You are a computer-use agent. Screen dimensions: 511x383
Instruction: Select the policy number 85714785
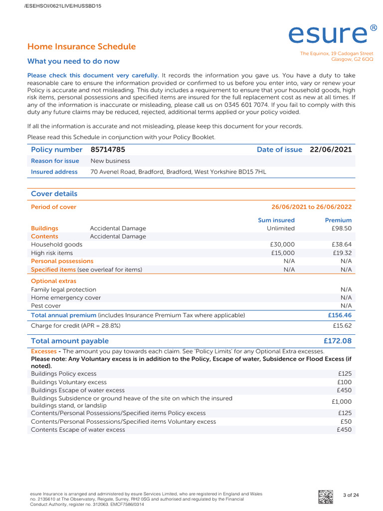(x=108, y=150)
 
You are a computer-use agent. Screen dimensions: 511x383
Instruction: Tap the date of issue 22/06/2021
(x=331, y=150)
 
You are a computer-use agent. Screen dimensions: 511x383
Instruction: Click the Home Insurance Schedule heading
(x=81, y=47)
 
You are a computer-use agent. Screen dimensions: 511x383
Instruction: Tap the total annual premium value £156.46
(x=339, y=315)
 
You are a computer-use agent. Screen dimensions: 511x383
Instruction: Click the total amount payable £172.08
(x=337, y=341)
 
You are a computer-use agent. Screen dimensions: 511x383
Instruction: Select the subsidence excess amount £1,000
(x=341, y=402)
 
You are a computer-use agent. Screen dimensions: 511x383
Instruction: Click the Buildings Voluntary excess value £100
(x=344, y=382)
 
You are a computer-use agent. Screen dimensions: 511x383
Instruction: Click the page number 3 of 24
(x=351, y=495)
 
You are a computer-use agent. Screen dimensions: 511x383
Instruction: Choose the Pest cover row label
(x=46, y=305)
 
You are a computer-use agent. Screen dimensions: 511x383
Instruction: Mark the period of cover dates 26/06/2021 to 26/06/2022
(x=311, y=207)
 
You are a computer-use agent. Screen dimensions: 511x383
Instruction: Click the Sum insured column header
(x=276, y=220)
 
